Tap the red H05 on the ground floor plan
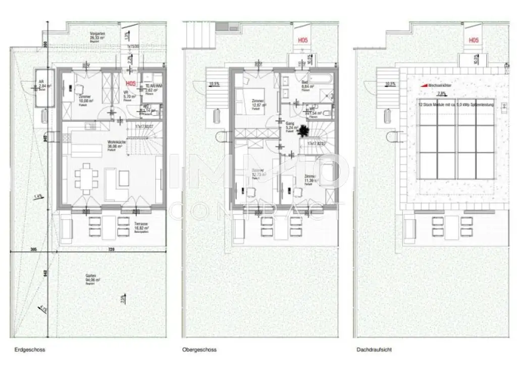coord(130,84)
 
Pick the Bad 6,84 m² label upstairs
coord(306,84)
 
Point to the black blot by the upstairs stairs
coord(304,131)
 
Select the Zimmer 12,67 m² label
coord(258,103)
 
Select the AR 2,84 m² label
coord(42,85)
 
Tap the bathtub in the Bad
coord(320,79)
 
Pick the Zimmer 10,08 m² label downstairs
coord(86,99)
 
